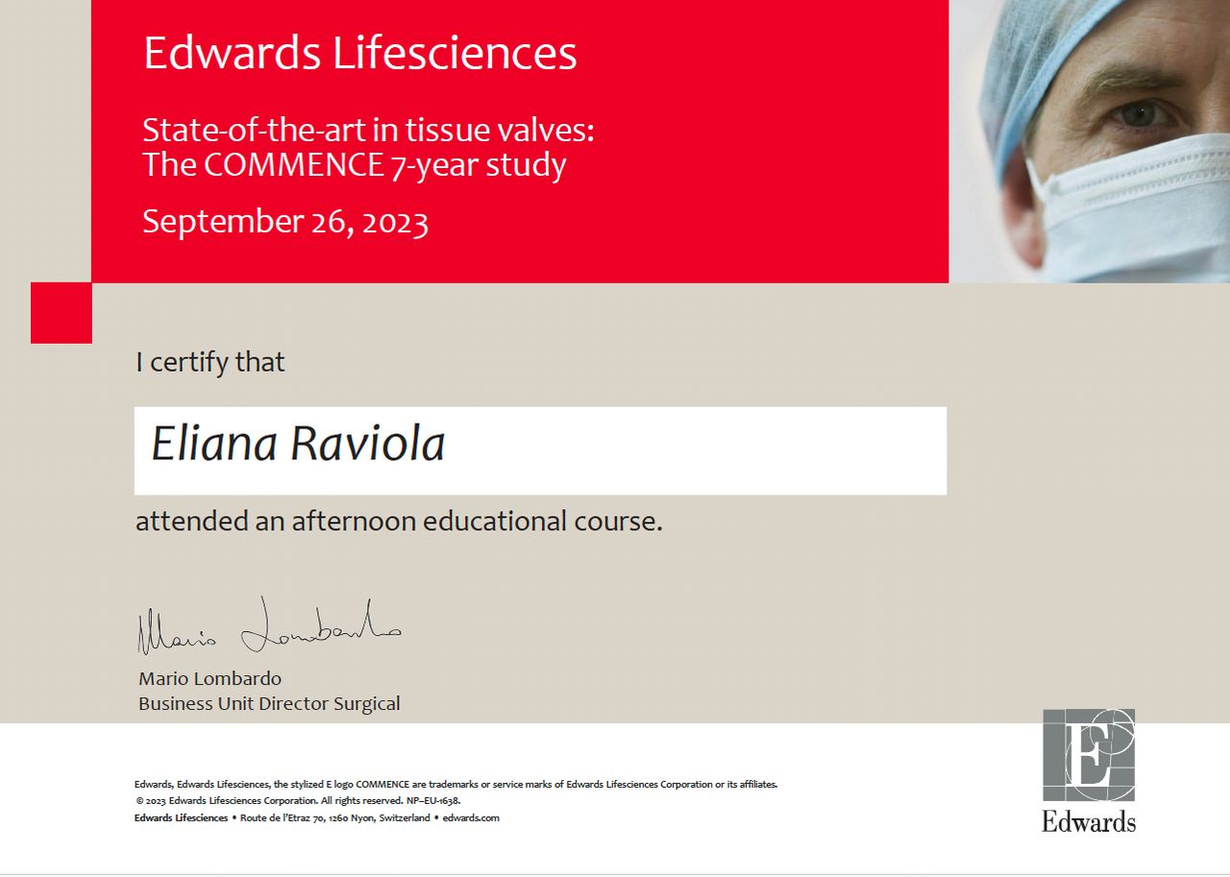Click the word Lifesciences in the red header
coord(455,53)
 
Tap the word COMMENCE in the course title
coord(294,164)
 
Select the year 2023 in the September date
coord(395,223)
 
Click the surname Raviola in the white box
coord(367,443)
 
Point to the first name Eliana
coord(213,443)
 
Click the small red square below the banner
coord(61,313)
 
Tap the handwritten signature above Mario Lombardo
coord(269,626)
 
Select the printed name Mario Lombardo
coord(209,679)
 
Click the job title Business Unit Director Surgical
coord(269,703)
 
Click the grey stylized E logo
coord(1089,755)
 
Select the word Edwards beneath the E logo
coord(1089,822)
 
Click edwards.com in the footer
coord(471,817)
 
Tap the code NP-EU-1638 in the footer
coord(433,801)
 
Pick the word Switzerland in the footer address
coord(405,817)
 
